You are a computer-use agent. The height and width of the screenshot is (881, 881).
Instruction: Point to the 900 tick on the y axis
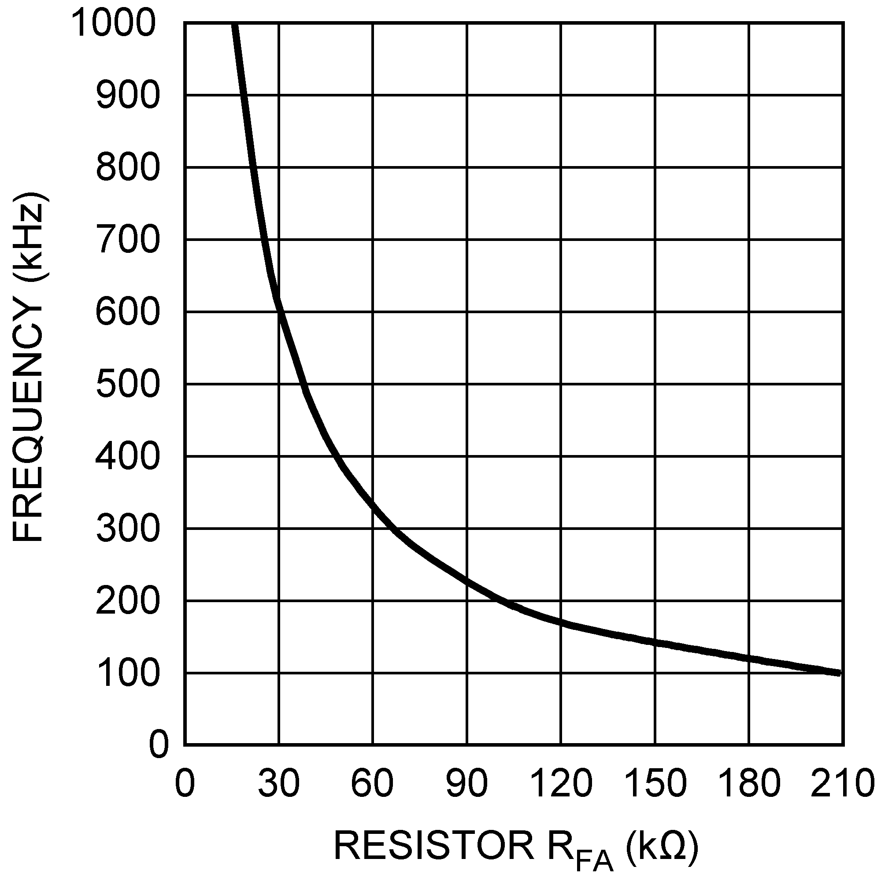coord(128,96)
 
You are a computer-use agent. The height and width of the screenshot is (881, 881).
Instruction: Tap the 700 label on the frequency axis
coord(128,240)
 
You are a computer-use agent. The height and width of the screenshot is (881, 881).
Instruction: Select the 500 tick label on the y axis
coord(128,385)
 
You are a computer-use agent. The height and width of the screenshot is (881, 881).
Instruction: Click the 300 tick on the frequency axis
coord(128,529)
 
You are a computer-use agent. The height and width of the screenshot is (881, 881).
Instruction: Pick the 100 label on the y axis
coord(128,674)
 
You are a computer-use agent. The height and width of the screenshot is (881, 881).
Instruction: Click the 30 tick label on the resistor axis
coord(279,783)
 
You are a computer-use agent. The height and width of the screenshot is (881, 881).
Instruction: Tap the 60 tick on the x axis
coord(373,783)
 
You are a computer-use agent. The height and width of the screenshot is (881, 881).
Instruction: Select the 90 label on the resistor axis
coord(466,783)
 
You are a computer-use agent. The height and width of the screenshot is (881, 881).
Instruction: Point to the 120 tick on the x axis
coord(561,783)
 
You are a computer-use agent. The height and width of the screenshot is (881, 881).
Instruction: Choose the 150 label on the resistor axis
coord(655,783)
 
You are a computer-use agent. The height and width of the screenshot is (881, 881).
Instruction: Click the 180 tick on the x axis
coord(749,783)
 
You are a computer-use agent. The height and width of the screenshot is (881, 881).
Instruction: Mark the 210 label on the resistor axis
coord(842,783)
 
